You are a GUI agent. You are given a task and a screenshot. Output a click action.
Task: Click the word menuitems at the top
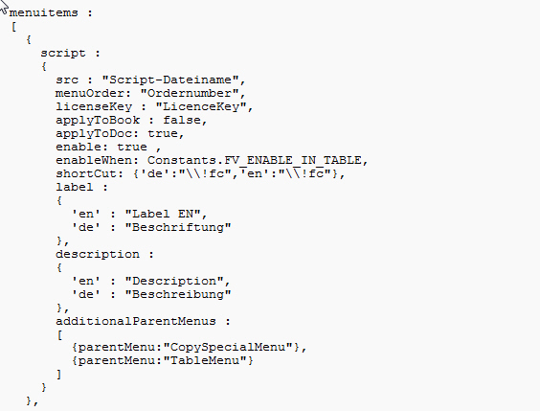pyautogui.click(x=44, y=13)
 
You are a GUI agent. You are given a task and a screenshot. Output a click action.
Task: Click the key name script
pyautogui.click(x=63, y=54)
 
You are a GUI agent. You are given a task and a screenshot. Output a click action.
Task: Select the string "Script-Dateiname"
pyautogui.click(x=170, y=80)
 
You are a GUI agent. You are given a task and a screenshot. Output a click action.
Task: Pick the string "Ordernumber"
pyautogui.click(x=190, y=93)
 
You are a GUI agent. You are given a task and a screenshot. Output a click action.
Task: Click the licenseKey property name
pyautogui.click(x=94, y=106)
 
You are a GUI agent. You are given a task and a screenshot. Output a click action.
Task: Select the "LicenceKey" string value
pyautogui.click(x=201, y=106)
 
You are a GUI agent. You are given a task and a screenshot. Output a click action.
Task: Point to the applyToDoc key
pyautogui.click(x=94, y=134)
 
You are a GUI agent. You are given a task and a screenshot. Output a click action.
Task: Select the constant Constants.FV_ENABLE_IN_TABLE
pyautogui.click(x=255, y=161)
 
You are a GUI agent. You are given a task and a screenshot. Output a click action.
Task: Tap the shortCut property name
pyautogui.click(x=86, y=173)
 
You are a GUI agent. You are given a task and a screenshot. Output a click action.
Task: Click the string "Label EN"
pyautogui.click(x=163, y=214)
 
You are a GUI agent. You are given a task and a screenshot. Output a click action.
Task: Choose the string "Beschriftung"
pyautogui.click(x=178, y=227)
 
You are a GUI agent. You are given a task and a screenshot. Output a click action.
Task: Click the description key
pyautogui.click(x=98, y=255)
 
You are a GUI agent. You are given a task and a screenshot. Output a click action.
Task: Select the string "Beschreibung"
pyautogui.click(x=178, y=294)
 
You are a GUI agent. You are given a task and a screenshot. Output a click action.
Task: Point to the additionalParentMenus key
pyautogui.click(x=136, y=322)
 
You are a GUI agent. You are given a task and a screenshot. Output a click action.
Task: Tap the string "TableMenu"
pyautogui.click(x=205, y=360)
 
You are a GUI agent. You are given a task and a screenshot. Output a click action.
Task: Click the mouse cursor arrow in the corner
pyautogui.click(x=4, y=7)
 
